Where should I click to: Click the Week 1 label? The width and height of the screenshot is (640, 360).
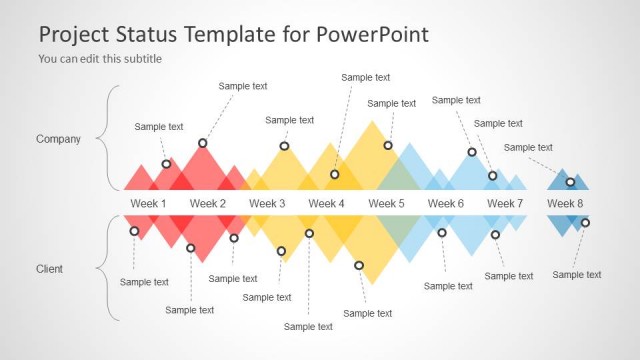(x=148, y=204)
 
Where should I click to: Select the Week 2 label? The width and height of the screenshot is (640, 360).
(x=208, y=204)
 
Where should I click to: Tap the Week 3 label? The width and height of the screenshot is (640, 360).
(x=267, y=204)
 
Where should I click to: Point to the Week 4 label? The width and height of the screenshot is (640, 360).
(x=327, y=204)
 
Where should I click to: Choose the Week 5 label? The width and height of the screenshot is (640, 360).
(x=386, y=204)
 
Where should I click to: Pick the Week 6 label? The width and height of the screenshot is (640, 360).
(x=446, y=204)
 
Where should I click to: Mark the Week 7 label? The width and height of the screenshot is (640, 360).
(x=505, y=204)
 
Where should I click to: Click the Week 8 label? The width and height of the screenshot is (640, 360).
(x=565, y=204)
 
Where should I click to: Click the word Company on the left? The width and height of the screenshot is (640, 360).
(x=58, y=139)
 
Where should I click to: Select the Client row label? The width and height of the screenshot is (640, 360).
(x=50, y=269)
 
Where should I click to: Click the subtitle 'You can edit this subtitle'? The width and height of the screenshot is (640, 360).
(x=100, y=59)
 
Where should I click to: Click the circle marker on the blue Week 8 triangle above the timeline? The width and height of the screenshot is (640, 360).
(x=570, y=182)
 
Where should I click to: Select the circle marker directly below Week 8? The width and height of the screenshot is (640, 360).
(x=585, y=223)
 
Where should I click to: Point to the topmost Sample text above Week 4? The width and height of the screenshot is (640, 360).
(x=366, y=77)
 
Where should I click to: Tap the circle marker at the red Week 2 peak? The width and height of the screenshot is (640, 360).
(x=203, y=143)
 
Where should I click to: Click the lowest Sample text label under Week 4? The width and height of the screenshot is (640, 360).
(x=308, y=326)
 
